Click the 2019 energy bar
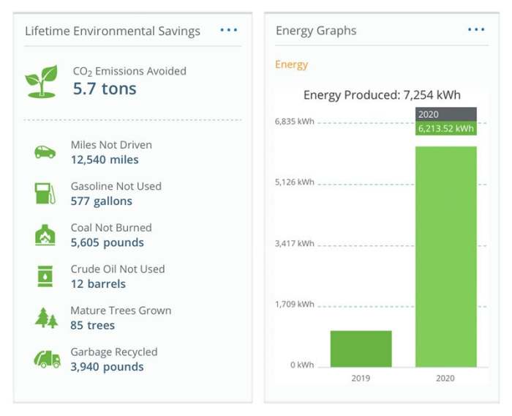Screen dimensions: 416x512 coord(361,349)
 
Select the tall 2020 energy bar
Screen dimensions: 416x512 coord(445,256)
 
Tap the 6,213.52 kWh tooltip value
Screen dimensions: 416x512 coord(445,128)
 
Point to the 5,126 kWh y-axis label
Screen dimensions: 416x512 coord(294,182)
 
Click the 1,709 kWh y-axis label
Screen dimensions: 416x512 coord(294,304)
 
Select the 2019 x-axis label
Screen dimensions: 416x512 coord(361,379)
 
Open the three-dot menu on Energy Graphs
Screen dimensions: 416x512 coord(476,30)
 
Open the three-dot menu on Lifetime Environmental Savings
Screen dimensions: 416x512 coord(229,30)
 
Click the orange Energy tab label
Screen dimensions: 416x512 coord(291,64)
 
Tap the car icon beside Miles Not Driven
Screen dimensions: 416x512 coord(45,152)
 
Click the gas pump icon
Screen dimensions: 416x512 coord(45,193)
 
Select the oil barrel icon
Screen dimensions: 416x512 coord(45,276)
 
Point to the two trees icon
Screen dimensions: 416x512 coord(45,318)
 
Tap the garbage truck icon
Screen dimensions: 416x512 coord(46,359)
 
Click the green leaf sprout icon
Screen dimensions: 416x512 coord(41,81)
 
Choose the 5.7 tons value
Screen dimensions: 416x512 coord(105,89)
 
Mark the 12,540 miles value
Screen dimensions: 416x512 coord(105,160)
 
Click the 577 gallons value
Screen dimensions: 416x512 coord(102,201)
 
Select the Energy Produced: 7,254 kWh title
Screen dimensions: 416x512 coord(382,95)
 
